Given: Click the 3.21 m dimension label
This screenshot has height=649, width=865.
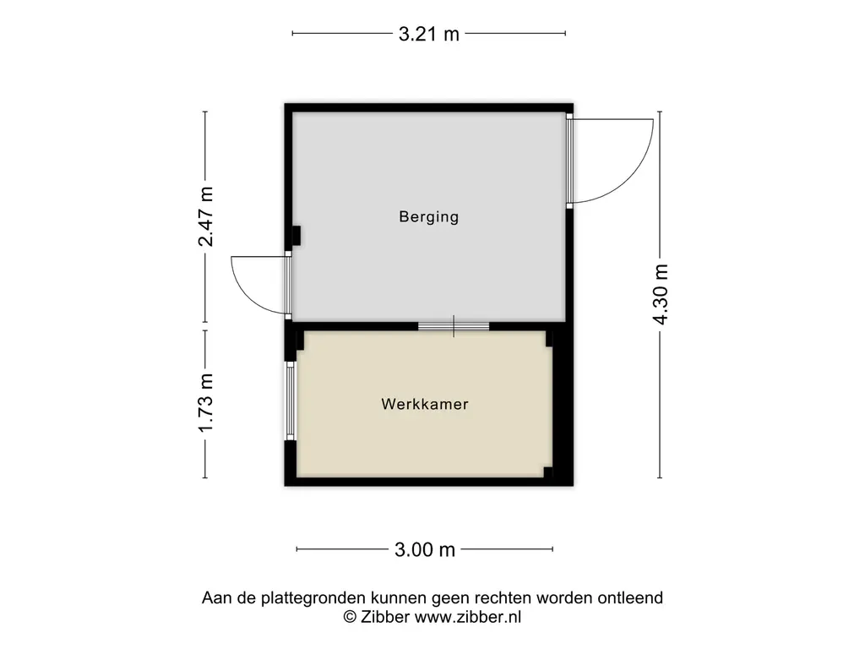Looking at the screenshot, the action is pos(428,34).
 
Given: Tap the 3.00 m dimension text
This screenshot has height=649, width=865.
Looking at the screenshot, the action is pos(425,549).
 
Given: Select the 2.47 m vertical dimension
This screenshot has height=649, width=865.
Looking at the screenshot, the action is pos(206,216).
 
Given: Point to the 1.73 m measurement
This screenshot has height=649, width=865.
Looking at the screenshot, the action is pos(206,403).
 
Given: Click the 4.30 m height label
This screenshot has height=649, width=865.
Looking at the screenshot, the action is pos(661,294).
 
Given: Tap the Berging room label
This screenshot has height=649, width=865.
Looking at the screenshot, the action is pos(428,216).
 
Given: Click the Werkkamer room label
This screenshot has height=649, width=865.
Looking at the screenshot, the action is pos(425,404).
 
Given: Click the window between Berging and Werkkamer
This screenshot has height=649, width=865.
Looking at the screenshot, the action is pos(454,326).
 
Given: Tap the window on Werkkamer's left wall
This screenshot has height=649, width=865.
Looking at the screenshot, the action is pos(291,401).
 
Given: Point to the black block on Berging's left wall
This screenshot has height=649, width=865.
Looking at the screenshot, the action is pos(296,236).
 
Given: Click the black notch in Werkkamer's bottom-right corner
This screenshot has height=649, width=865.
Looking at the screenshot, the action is pos(547,472).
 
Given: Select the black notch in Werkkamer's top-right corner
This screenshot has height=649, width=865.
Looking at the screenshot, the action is pos(549,338).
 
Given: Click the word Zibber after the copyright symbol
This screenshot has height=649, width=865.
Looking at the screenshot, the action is pos(385,617).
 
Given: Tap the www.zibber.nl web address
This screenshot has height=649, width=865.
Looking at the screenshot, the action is pos(468,617).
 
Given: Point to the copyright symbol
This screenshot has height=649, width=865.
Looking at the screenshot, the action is pos(350,617).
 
